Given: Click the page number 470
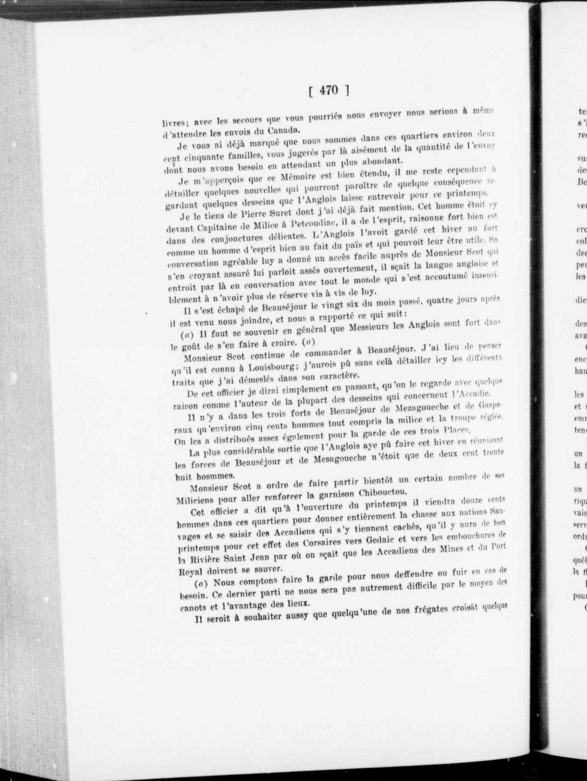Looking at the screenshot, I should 328,91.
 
